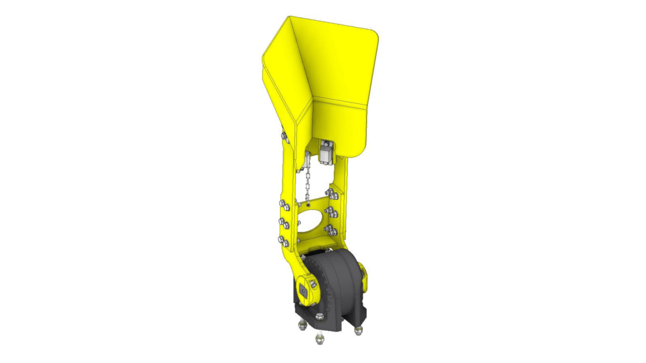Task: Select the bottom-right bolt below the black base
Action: [x=358, y=328]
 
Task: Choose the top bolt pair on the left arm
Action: [x=284, y=204]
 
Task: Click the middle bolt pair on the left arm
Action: [x=284, y=222]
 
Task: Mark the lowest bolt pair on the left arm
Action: [x=284, y=240]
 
